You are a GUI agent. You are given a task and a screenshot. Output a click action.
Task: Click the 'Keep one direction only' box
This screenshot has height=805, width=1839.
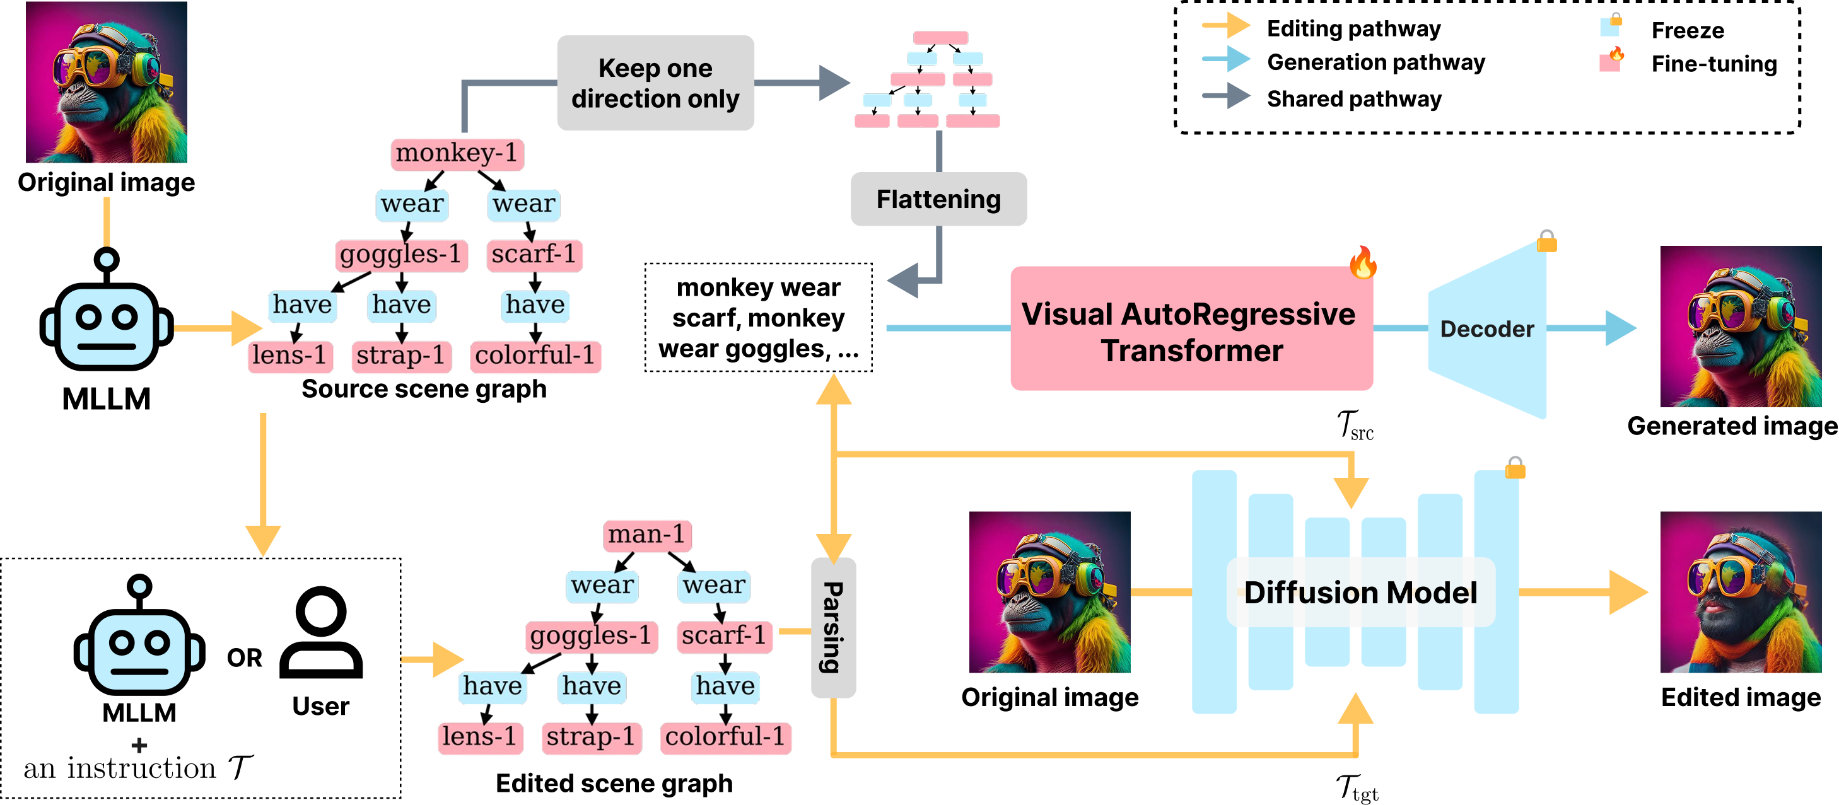coord(655,83)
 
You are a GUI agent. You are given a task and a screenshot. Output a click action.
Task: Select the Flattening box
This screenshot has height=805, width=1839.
coord(939,199)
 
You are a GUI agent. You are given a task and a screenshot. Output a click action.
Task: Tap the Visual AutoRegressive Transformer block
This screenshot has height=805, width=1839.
coord(1191,328)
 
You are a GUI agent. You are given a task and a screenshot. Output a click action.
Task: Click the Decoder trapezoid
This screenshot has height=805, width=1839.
coord(1487,329)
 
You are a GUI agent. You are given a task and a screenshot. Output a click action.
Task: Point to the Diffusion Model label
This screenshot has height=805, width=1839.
coord(1361,593)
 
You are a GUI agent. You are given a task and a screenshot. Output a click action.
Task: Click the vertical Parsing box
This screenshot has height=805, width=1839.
coord(833,627)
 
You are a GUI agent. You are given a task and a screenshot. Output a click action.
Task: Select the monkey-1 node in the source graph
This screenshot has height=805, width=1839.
coord(457,153)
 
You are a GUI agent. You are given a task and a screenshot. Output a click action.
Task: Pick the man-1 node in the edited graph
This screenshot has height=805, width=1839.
coord(647,535)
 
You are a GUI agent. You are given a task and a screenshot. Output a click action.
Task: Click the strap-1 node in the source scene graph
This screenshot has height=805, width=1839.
coord(401,356)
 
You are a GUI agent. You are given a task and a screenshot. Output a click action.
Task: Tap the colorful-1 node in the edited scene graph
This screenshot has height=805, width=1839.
coord(725,737)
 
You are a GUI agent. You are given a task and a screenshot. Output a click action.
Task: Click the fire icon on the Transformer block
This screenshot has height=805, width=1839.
coord(1363,262)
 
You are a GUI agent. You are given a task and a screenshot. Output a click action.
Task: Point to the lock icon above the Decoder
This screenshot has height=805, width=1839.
coord(1547,241)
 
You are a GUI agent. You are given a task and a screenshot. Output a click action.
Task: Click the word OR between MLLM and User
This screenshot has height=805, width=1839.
coord(244,657)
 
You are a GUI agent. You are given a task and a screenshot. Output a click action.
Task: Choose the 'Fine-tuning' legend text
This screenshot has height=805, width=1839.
coord(1714,64)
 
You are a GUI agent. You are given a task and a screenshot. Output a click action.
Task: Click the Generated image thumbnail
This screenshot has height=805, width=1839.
coord(1741,326)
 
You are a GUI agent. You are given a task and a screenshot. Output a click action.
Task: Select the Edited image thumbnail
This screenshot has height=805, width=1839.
coord(1741,592)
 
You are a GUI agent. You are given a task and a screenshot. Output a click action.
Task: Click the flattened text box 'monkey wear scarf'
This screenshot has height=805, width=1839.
coord(758,318)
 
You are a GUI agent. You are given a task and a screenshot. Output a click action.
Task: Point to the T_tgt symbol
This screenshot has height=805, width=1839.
coord(1357,789)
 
